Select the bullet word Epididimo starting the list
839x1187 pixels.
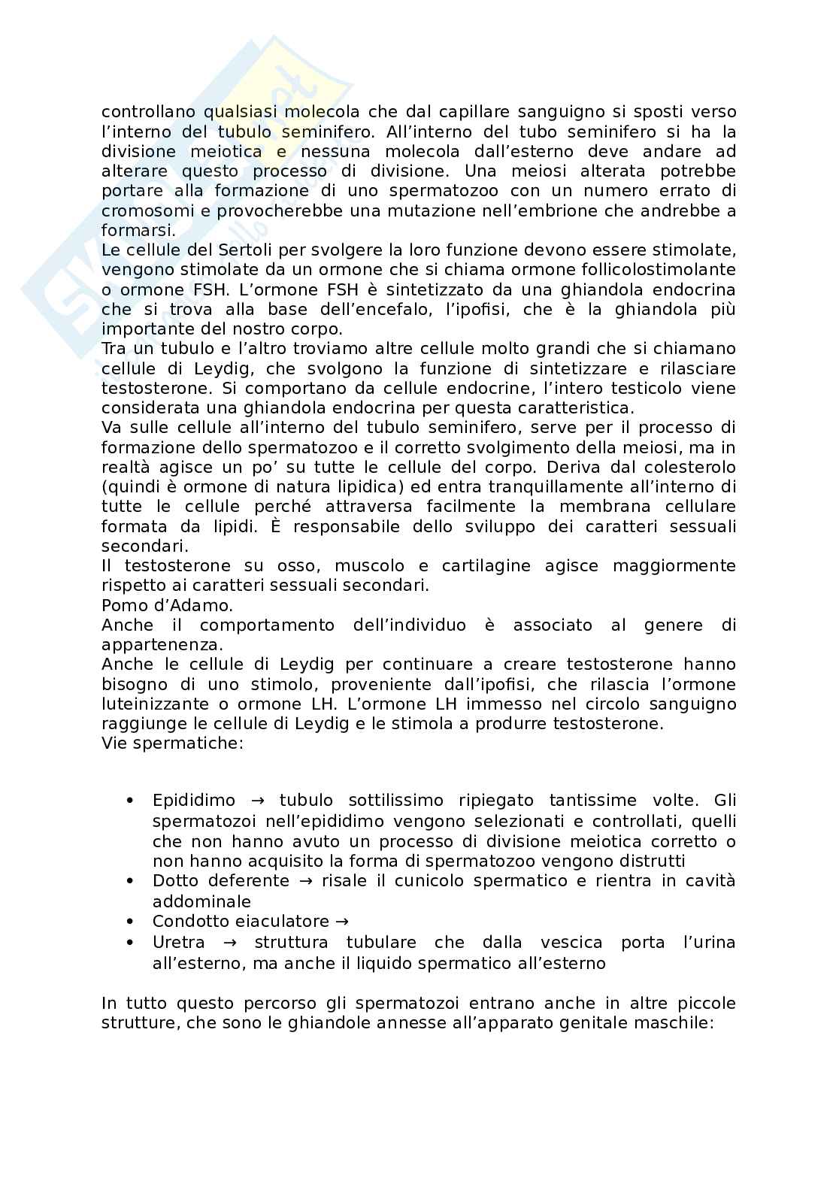[194, 801]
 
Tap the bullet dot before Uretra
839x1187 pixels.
[131, 943]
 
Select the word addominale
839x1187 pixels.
[201, 901]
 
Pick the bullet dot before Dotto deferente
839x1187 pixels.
[131, 881]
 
